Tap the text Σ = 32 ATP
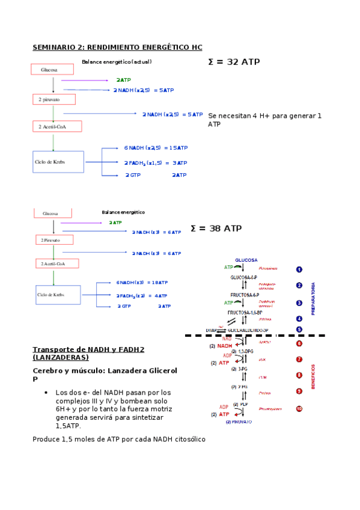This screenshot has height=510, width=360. coord(234,61)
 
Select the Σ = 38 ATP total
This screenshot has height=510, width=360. coord(216,228)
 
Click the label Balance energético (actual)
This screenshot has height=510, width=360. coord(117,62)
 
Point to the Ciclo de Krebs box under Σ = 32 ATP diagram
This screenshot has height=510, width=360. coord(58,162)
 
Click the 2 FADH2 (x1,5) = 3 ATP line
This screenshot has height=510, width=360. coord(156,163)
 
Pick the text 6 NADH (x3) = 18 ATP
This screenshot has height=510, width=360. coord(142,282)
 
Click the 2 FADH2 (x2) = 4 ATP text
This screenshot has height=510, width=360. coord(142,295)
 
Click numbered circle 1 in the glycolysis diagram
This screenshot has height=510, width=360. coord(299,269)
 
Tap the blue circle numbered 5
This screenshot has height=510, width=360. coord(299,330)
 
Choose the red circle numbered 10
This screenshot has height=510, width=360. coord(299,409)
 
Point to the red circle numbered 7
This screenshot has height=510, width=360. coord(299,360)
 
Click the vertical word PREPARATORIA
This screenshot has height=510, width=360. coord(313,298)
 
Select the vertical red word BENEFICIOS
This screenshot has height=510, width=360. coord(313,376)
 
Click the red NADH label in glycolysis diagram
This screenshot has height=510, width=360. coord(224,346)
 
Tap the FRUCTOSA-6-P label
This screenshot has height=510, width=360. coord(245,295)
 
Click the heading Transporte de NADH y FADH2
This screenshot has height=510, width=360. coord(88,349)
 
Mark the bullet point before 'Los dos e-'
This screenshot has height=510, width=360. coord(46,393)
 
